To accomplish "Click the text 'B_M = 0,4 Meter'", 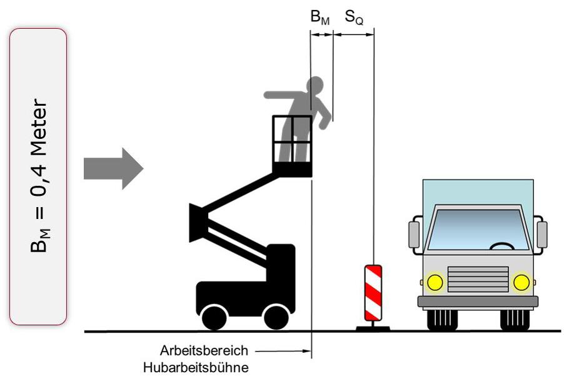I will (38, 176).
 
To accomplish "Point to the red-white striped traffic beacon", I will (373, 293).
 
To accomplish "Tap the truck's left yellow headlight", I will (435, 282).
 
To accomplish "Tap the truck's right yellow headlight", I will (521, 282).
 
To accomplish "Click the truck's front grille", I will (478, 280).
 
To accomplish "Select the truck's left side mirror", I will (414, 234).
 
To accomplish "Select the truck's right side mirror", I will (541, 234).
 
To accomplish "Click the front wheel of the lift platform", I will (276, 317).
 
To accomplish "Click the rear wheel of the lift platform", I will (214, 317).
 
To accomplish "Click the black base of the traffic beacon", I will (373, 327).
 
